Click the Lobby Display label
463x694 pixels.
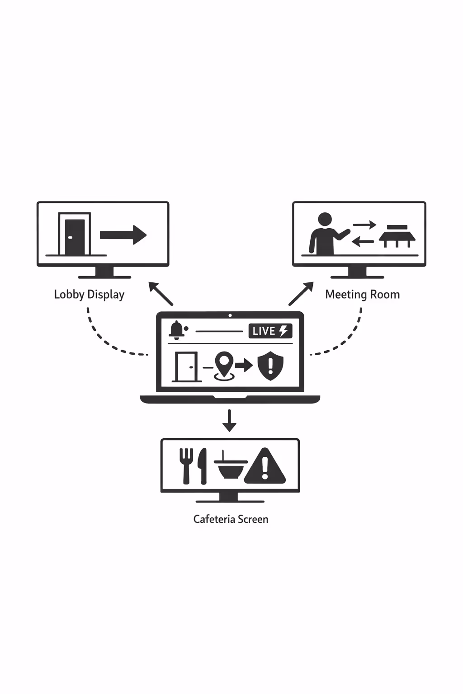[x=89, y=295]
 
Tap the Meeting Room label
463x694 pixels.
[x=362, y=295]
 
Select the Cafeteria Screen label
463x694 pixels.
[x=231, y=519]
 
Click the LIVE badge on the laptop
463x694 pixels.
[x=270, y=331]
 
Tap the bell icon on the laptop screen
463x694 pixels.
[x=176, y=330]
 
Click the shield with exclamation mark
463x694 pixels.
[x=270, y=366]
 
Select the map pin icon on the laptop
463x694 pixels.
[x=224, y=365]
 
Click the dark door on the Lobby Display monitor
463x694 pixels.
[x=75, y=236]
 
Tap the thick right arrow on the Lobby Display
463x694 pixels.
[x=123, y=235]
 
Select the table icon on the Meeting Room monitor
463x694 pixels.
[x=397, y=236]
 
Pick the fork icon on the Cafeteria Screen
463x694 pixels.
[x=186, y=466]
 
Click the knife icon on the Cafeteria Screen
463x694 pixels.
[x=203, y=466]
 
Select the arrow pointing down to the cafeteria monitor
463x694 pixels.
[x=230, y=421]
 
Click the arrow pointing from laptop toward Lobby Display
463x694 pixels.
[x=161, y=294]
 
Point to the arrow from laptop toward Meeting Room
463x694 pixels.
[x=301, y=294]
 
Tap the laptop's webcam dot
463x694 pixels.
[x=230, y=315]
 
